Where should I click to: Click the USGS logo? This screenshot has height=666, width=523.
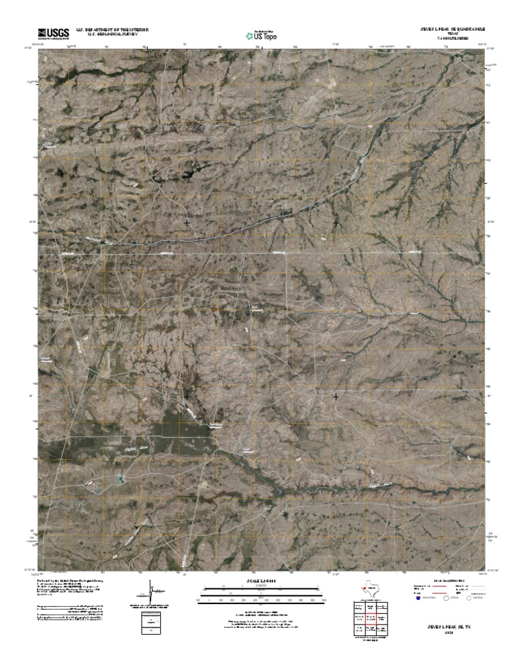(53, 33)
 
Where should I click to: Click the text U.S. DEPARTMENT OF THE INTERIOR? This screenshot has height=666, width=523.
(112, 30)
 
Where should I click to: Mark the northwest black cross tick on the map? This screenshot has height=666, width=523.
(187, 222)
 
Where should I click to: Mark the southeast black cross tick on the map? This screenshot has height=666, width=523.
(336, 395)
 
